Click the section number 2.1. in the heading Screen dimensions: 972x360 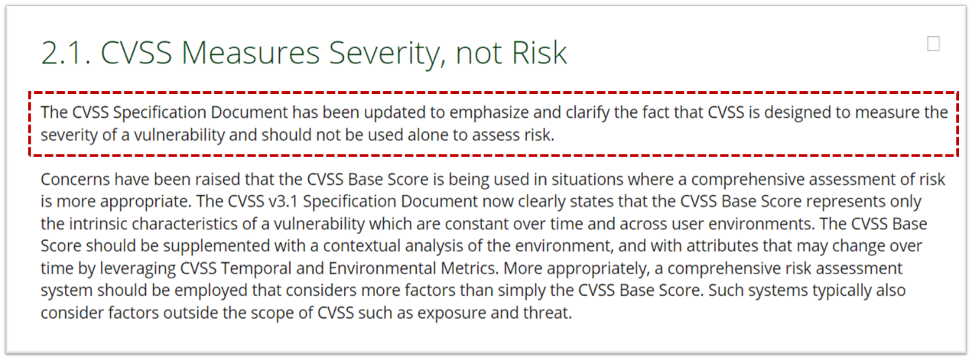[67, 53]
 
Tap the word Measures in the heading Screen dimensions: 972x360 [251, 53]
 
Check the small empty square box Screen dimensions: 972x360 [933, 44]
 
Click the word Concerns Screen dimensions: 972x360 [75, 179]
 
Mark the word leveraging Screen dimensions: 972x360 [137, 269]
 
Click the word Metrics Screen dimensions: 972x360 [469, 269]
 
